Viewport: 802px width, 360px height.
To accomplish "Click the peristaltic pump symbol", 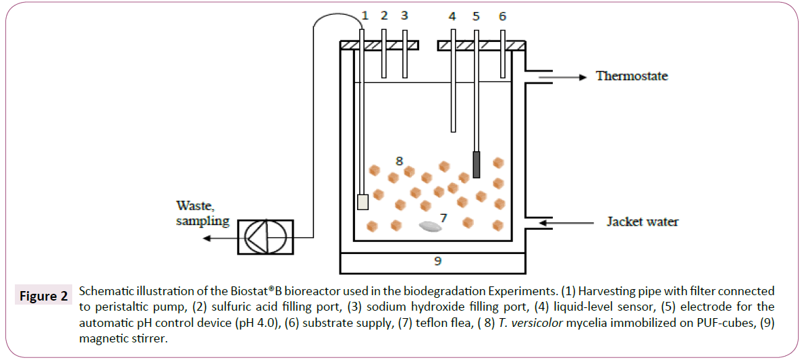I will tap(265, 237).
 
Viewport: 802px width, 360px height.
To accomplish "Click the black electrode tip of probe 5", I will tap(477, 165).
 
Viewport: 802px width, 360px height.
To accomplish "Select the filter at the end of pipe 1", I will tap(363, 201).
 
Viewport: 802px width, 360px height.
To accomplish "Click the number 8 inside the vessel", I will tap(399, 161).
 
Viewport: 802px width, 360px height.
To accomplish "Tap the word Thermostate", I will tap(632, 76).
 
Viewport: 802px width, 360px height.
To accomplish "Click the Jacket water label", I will tap(642, 222).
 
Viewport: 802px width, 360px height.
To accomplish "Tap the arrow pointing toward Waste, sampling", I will tap(220, 237).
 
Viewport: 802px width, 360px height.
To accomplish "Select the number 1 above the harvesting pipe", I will tap(365, 16).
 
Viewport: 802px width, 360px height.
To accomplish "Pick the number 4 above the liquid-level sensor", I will tap(452, 16).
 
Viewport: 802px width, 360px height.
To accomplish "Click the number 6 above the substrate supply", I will tap(502, 16).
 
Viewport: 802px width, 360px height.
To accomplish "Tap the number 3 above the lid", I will tap(404, 16).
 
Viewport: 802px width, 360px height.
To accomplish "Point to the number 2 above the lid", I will tap(384, 16).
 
